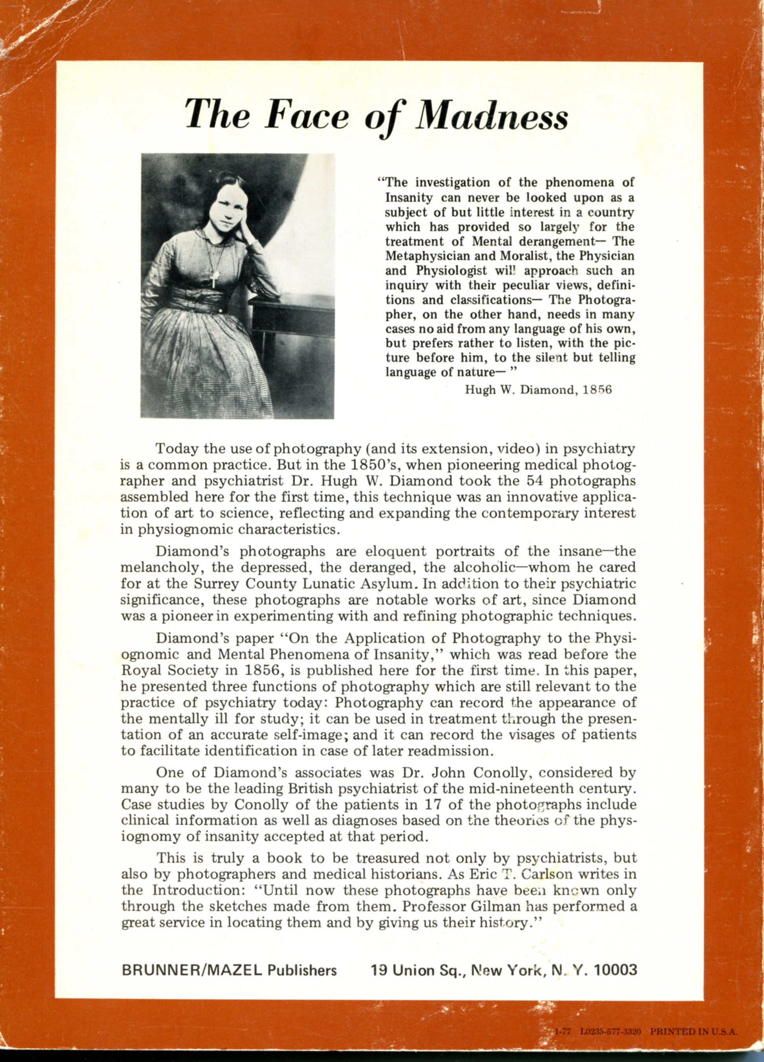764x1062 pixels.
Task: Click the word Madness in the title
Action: pos(492,116)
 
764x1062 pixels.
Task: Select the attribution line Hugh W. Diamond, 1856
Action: pos(538,390)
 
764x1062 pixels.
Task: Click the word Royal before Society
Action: pos(141,671)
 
